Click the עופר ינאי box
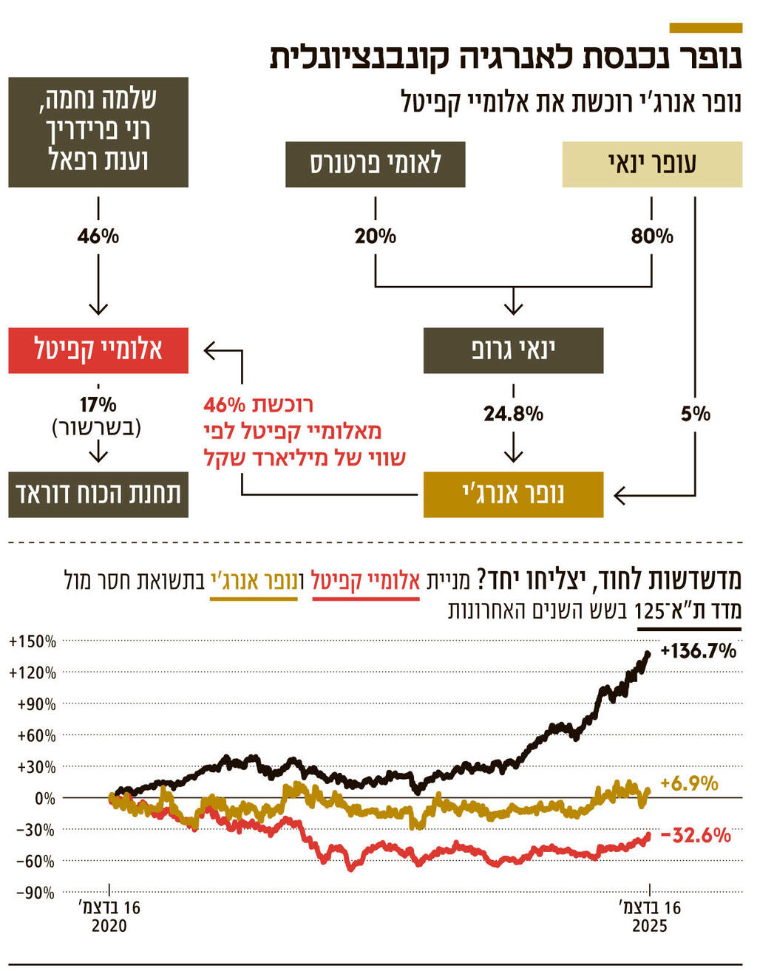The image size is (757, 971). tap(652, 164)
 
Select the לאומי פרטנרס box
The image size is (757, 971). tap(375, 164)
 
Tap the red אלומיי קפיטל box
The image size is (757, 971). tap(98, 350)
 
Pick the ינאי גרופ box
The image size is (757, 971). tap(513, 350)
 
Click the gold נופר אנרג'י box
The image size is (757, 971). tap(513, 494)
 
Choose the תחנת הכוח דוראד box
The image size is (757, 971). tap(98, 494)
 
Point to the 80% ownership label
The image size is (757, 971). tap(652, 236)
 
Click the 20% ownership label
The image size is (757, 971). tap(375, 236)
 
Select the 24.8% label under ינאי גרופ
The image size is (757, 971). tap(513, 413)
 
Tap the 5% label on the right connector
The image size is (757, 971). tap(695, 413)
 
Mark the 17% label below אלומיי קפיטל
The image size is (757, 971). tap(98, 405)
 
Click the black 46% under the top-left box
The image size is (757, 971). tap(98, 236)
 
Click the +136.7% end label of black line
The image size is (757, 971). tap(698, 651)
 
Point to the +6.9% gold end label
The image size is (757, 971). tap(689, 783)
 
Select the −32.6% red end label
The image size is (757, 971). tap(695, 835)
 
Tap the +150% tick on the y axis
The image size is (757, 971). tap(33, 641)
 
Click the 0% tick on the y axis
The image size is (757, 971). tap(44, 798)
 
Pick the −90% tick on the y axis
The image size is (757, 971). tap(35, 893)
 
